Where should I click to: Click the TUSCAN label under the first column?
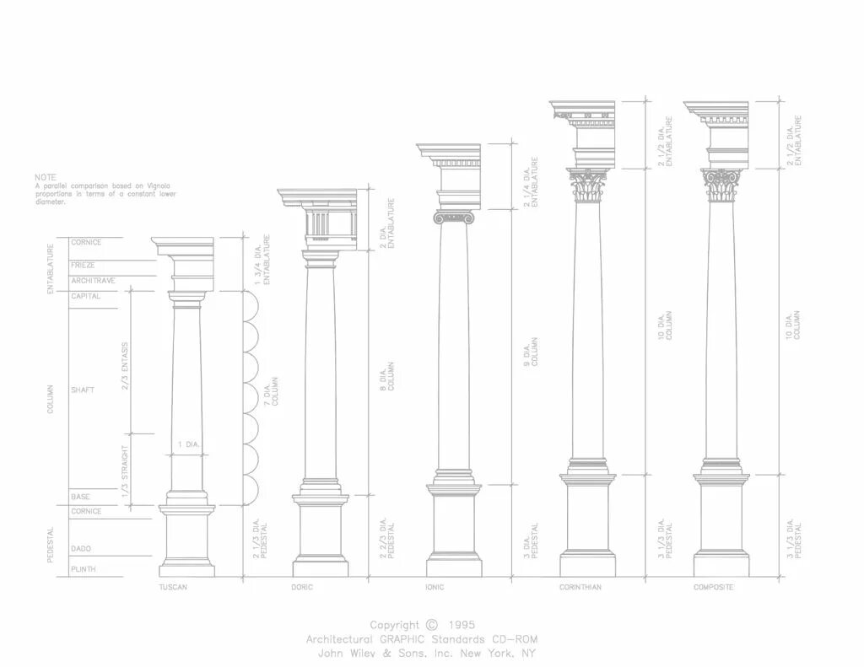click(x=173, y=587)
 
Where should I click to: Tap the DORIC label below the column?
click(x=302, y=587)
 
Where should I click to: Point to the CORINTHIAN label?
click(x=580, y=587)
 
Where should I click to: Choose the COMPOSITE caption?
click(x=713, y=587)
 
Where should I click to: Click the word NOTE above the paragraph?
click(x=45, y=177)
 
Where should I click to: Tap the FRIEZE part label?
click(x=83, y=265)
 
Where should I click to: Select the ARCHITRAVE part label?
click(x=93, y=280)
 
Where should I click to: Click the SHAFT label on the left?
click(x=82, y=390)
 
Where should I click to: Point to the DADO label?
click(x=81, y=548)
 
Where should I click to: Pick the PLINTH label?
click(x=83, y=569)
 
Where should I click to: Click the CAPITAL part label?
click(x=85, y=296)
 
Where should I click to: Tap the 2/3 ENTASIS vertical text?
click(x=125, y=364)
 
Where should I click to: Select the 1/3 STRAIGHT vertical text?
click(x=125, y=469)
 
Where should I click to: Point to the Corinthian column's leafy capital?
click(x=588, y=186)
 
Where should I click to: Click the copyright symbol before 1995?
click(x=432, y=625)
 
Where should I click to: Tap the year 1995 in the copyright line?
click(x=462, y=625)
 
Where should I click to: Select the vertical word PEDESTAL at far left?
click(x=51, y=545)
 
